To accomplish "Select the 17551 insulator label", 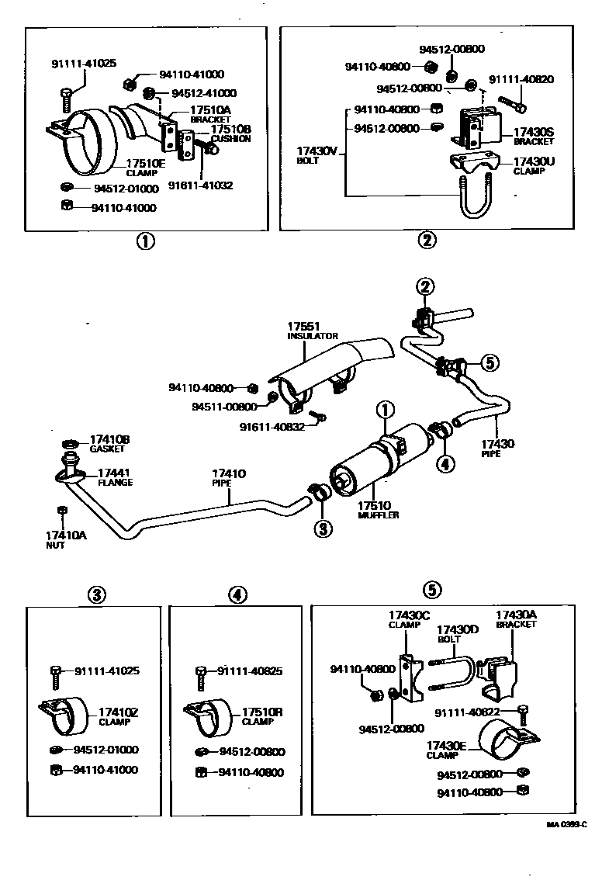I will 304,327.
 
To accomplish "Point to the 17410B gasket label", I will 109,440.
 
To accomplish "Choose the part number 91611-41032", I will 201,185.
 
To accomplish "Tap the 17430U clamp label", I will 534,162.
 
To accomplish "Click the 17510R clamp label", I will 262,712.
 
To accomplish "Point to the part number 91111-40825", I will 251,670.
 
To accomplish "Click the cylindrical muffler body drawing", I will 365,466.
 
